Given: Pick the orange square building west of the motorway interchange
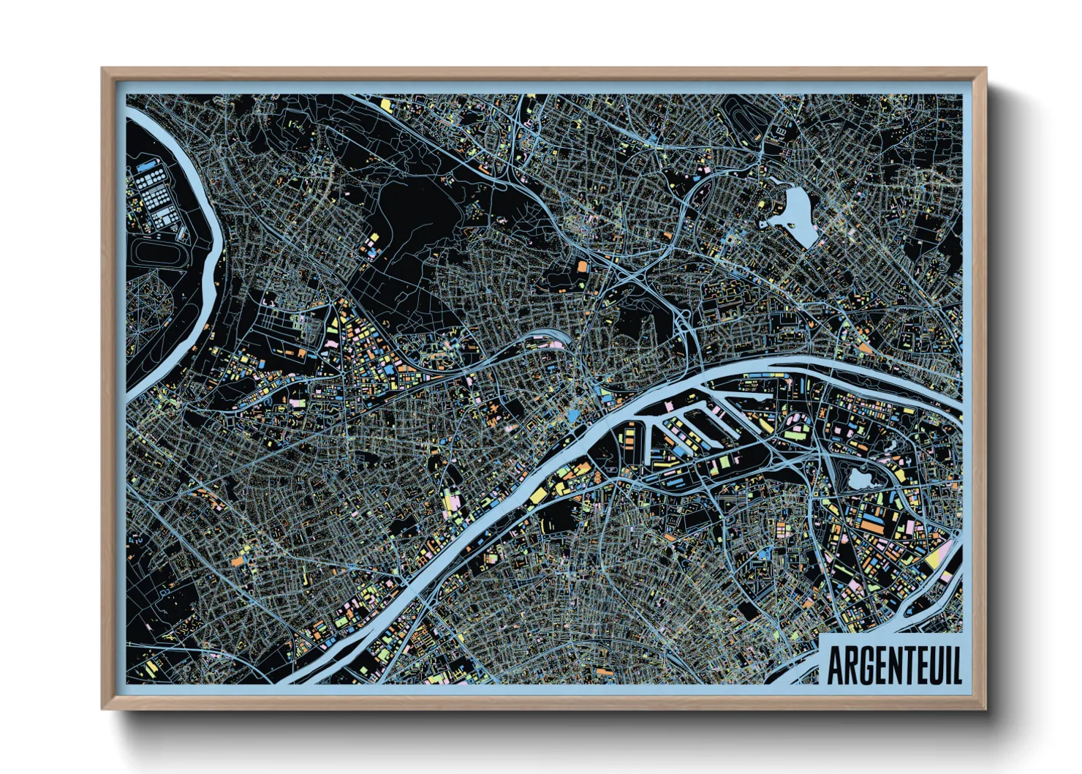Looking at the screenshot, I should [x=582, y=267].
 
